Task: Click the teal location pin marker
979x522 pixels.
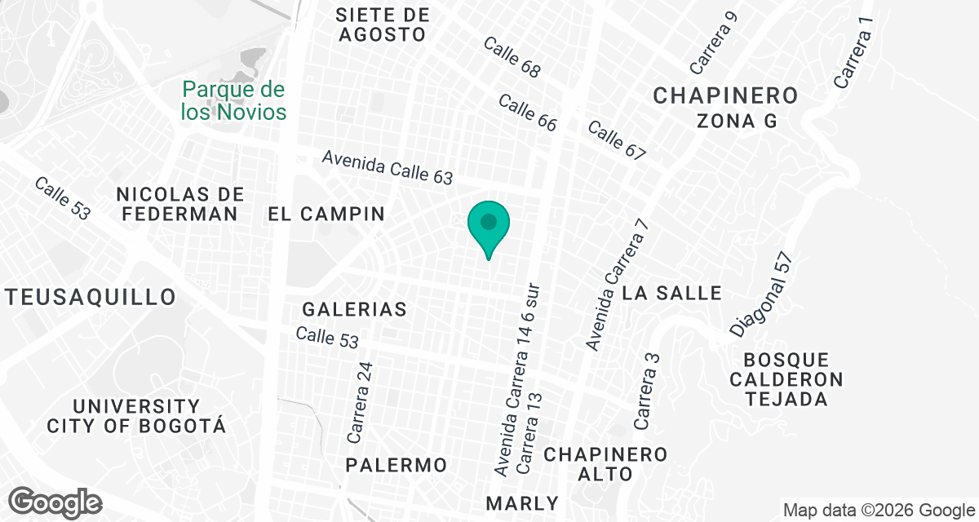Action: (489, 224)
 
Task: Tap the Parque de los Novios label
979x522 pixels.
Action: (234, 100)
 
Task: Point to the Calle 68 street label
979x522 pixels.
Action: (512, 58)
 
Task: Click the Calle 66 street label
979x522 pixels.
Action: (527, 113)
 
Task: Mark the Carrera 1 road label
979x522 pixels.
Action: (854, 53)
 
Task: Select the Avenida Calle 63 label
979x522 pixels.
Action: (387, 167)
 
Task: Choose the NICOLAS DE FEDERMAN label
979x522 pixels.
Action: (180, 204)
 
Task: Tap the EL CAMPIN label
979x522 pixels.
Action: (326, 215)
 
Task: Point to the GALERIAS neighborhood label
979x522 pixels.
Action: (354, 310)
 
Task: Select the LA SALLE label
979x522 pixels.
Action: (672, 293)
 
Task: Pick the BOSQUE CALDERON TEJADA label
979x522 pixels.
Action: (786, 380)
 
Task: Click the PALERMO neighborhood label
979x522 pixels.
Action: (396, 465)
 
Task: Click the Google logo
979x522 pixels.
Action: (55, 502)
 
